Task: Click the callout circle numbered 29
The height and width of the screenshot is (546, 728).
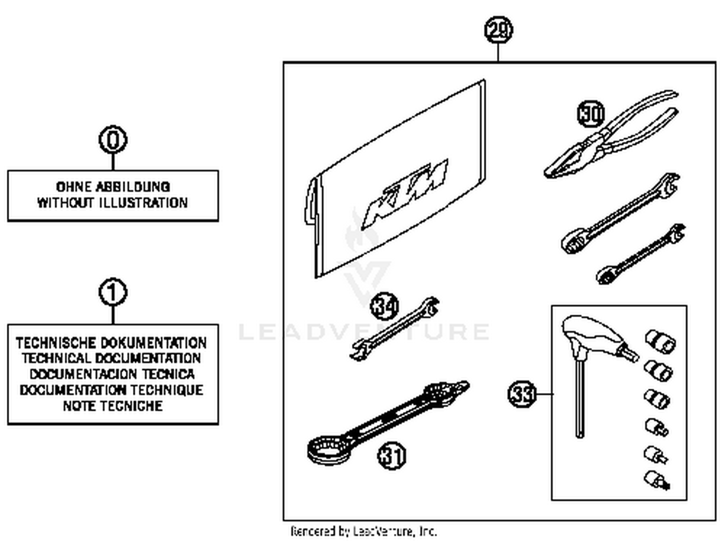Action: point(498,30)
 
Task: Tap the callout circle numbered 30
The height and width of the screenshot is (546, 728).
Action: point(591,114)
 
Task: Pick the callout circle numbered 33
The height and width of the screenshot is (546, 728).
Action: point(522,393)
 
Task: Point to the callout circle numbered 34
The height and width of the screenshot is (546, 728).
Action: point(384,306)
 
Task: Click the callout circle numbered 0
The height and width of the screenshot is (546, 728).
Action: point(113,140)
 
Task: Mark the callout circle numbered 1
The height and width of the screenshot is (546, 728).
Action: point(113,292)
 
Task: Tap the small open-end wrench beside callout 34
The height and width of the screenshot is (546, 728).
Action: point(394,329)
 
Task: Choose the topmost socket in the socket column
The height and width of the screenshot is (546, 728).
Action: point(661,341)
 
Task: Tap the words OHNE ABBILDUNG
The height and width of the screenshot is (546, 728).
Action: point(113,187)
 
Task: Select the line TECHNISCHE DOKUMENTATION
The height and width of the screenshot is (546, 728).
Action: point(112,343)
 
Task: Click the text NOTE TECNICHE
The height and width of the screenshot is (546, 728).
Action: point(113,406)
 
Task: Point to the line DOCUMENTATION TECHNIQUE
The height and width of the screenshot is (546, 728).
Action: point(112,390)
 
